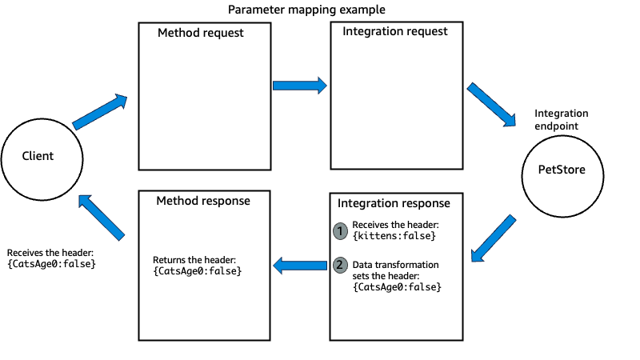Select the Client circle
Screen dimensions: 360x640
click(x=38, y=156)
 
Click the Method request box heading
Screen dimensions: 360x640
click(x=200, y=34)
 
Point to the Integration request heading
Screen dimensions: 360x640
click(x=395, y=32)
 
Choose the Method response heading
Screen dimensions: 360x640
click(x=204, y=201)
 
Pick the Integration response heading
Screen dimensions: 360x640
click(x=394, y=203)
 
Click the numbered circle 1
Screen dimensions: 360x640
click(x=340, y=230)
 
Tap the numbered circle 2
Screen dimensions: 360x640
click(x=340, y=265)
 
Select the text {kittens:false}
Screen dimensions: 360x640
click(x=394, y=236)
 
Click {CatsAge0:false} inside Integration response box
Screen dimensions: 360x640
click(x=397, y=286)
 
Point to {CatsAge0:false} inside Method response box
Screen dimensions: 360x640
click(x=198, y=271)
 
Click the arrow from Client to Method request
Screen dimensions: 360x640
click(x=101, y=112)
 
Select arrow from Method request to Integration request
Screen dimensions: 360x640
click(x=300, y=85)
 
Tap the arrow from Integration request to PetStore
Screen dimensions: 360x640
click(x=491, y=104)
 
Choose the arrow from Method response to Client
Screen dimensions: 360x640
click(x=102, y=218)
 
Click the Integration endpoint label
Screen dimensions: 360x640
click(x=561, y=120)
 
